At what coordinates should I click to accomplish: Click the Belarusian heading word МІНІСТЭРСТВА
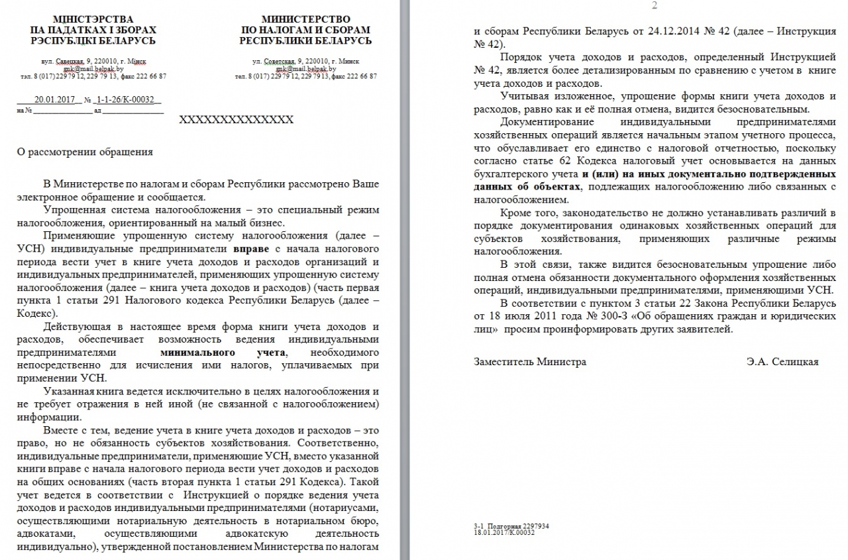pos(93,19)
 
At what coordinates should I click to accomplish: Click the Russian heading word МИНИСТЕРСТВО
pos(305,19)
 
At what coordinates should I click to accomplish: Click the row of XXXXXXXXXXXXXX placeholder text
pos(237,119)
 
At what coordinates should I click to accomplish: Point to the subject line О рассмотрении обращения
pos(85,152)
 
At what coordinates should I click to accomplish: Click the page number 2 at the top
pos(655,6)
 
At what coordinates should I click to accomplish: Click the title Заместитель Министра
pos(530,362)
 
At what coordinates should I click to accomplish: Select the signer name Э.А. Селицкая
pos(782,362)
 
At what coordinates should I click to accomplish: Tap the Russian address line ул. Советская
pos(305,61)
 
